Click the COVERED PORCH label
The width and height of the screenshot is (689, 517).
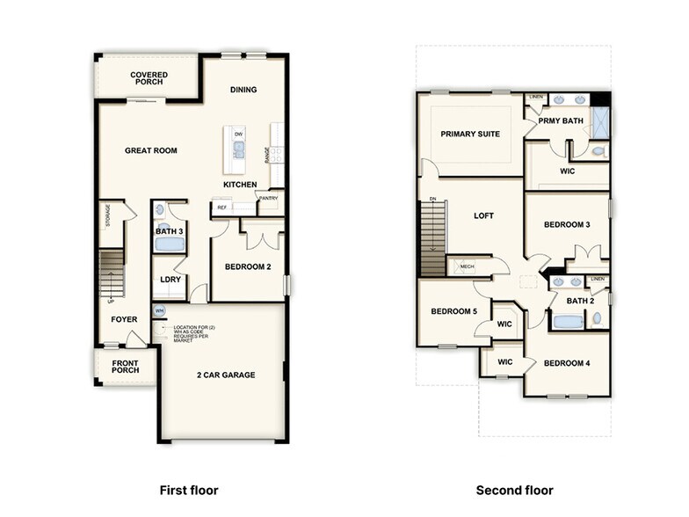coord(149,79)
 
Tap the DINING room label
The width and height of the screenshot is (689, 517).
coord(243,90)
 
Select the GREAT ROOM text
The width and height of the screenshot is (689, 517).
coord(150,150)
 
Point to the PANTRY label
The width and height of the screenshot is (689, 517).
coord(268,199)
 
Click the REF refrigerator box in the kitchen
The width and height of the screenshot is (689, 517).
coord(221,208)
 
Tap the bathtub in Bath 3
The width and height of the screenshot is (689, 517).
coord(170,244)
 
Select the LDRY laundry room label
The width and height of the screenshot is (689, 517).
coord(170,280)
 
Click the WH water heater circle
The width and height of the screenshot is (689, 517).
coord(159,311)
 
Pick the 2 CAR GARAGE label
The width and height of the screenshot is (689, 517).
coord(226,375)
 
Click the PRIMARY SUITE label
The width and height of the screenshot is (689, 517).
coord(470,134)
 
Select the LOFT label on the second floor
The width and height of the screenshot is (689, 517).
coord(484,215)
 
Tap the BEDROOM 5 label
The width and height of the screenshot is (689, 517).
coord(454,311)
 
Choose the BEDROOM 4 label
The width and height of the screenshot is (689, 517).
coord(567,363)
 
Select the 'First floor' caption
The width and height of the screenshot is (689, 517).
coord(188,490)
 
